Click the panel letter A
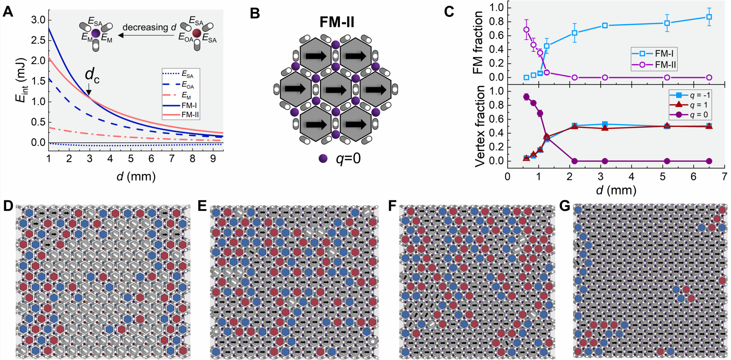tap(8, 11)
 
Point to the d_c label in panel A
tap(92, 76)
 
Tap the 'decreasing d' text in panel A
tap(149, 27)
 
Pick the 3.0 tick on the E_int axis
tap(39, 20)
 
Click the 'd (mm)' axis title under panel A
tap(136, 176)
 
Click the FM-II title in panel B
tap(337, 22)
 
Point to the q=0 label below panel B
tap(348, 158)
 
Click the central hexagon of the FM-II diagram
tap(336, 89)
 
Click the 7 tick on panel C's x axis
tap(724, 177)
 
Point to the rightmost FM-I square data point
tap(709, 17)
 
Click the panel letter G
tap(565, 206)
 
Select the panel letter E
tap(202, 206)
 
